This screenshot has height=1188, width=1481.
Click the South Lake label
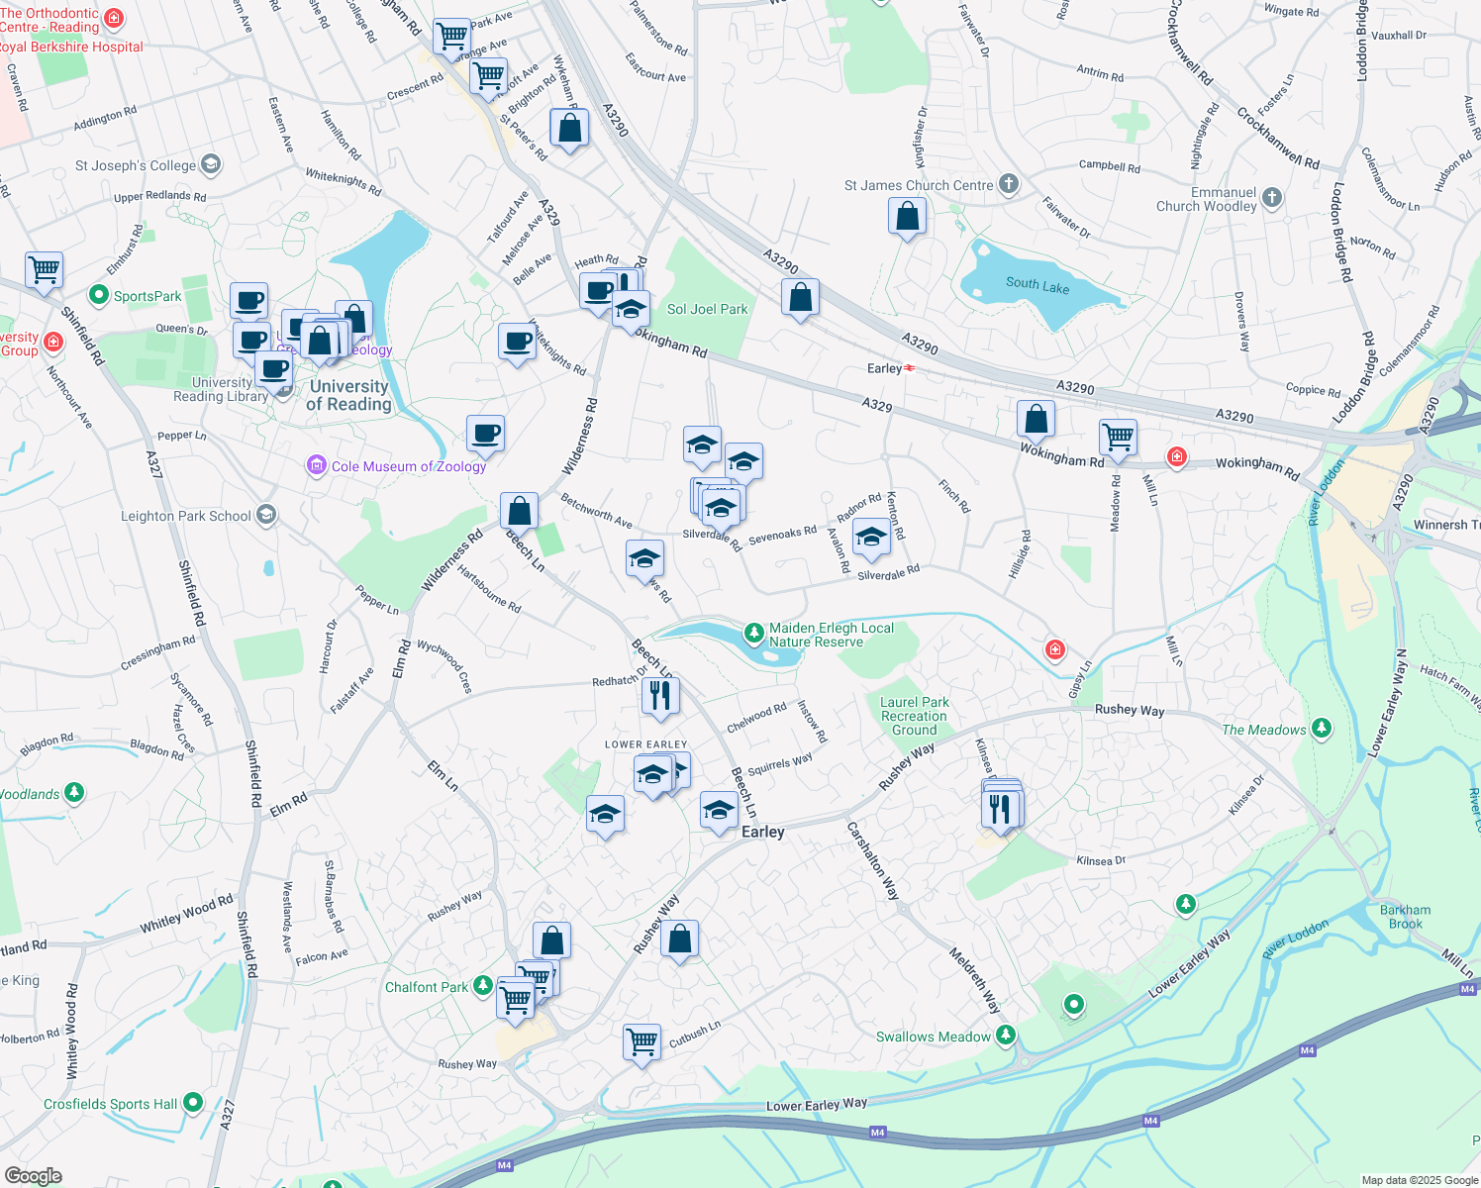click(1037, 284)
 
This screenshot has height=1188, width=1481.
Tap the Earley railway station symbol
click(909, 368)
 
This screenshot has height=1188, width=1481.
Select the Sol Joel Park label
click(707, 309)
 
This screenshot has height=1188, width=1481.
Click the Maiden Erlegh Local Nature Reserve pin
click(754, 632)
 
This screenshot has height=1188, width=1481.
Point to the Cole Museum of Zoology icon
click(317, 465)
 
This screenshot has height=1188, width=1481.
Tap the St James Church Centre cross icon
click(1008, 184)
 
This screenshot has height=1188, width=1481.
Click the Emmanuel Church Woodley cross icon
click(1272, 198)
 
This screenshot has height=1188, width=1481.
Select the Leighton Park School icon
click(265, 515)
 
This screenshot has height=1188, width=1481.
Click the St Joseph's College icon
click(210, 164)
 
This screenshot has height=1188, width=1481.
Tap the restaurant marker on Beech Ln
click(659, 695)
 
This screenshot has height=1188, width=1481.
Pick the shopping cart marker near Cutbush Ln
click(642, 1041)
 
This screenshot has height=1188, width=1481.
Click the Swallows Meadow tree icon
click(1006, 1036)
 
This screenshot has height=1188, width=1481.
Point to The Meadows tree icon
click(1321, 729)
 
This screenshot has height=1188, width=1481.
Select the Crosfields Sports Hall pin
click(193, 1102)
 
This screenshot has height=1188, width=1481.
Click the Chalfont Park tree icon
click(482, 985)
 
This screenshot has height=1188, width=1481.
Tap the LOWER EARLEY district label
click(645, 744)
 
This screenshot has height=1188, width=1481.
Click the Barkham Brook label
click(1405, 917)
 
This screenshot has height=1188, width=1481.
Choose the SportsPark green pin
click(98, 295)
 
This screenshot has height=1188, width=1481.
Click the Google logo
click(33, 1176)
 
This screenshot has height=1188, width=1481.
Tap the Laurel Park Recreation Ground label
click(914, 716)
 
